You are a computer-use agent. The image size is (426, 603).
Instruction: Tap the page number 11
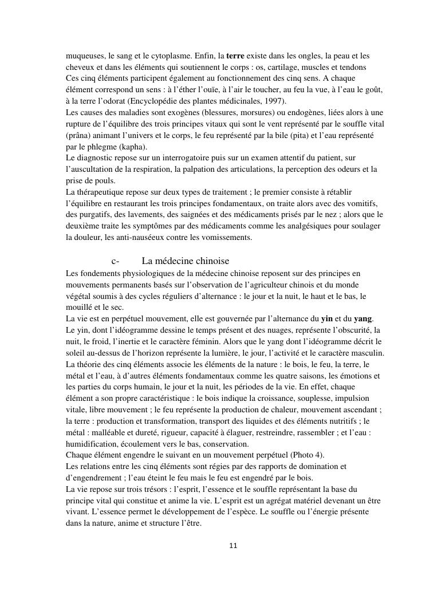pyautogui.click(x=233, y=546)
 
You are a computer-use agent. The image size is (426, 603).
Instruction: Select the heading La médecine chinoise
pyautogui.click(x=185, y=261)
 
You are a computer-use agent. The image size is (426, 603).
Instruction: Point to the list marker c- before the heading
pyautogui.click(x=115, y=261)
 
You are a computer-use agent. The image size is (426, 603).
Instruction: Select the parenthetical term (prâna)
pyautogui.click(x=80, y=136)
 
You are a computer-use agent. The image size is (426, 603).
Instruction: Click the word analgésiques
pyautogui.click(x=298, y=226)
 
